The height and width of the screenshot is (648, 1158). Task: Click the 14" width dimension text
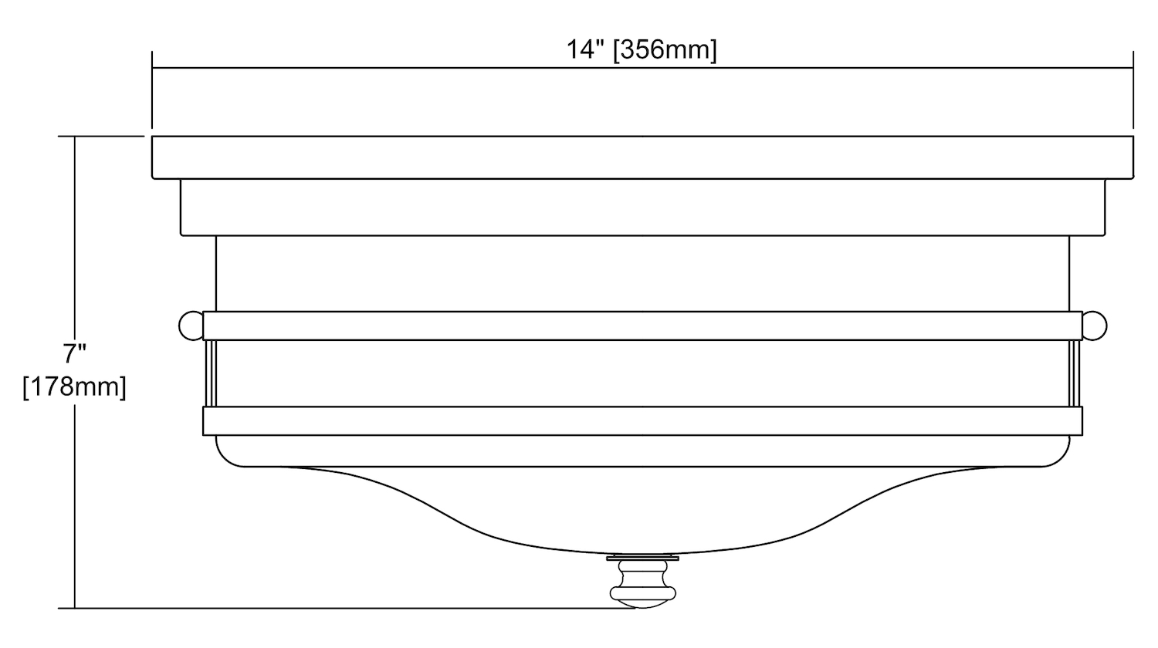585,50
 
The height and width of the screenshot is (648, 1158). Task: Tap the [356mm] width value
665,51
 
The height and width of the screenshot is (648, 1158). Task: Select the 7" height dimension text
75,354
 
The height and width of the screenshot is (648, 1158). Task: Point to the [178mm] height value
74,387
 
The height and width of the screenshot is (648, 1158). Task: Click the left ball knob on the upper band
191,326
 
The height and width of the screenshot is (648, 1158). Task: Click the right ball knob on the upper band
1095,326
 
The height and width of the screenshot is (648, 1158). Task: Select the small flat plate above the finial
642,558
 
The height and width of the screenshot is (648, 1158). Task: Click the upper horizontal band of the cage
642,326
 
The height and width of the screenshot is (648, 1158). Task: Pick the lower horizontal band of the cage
642,420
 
